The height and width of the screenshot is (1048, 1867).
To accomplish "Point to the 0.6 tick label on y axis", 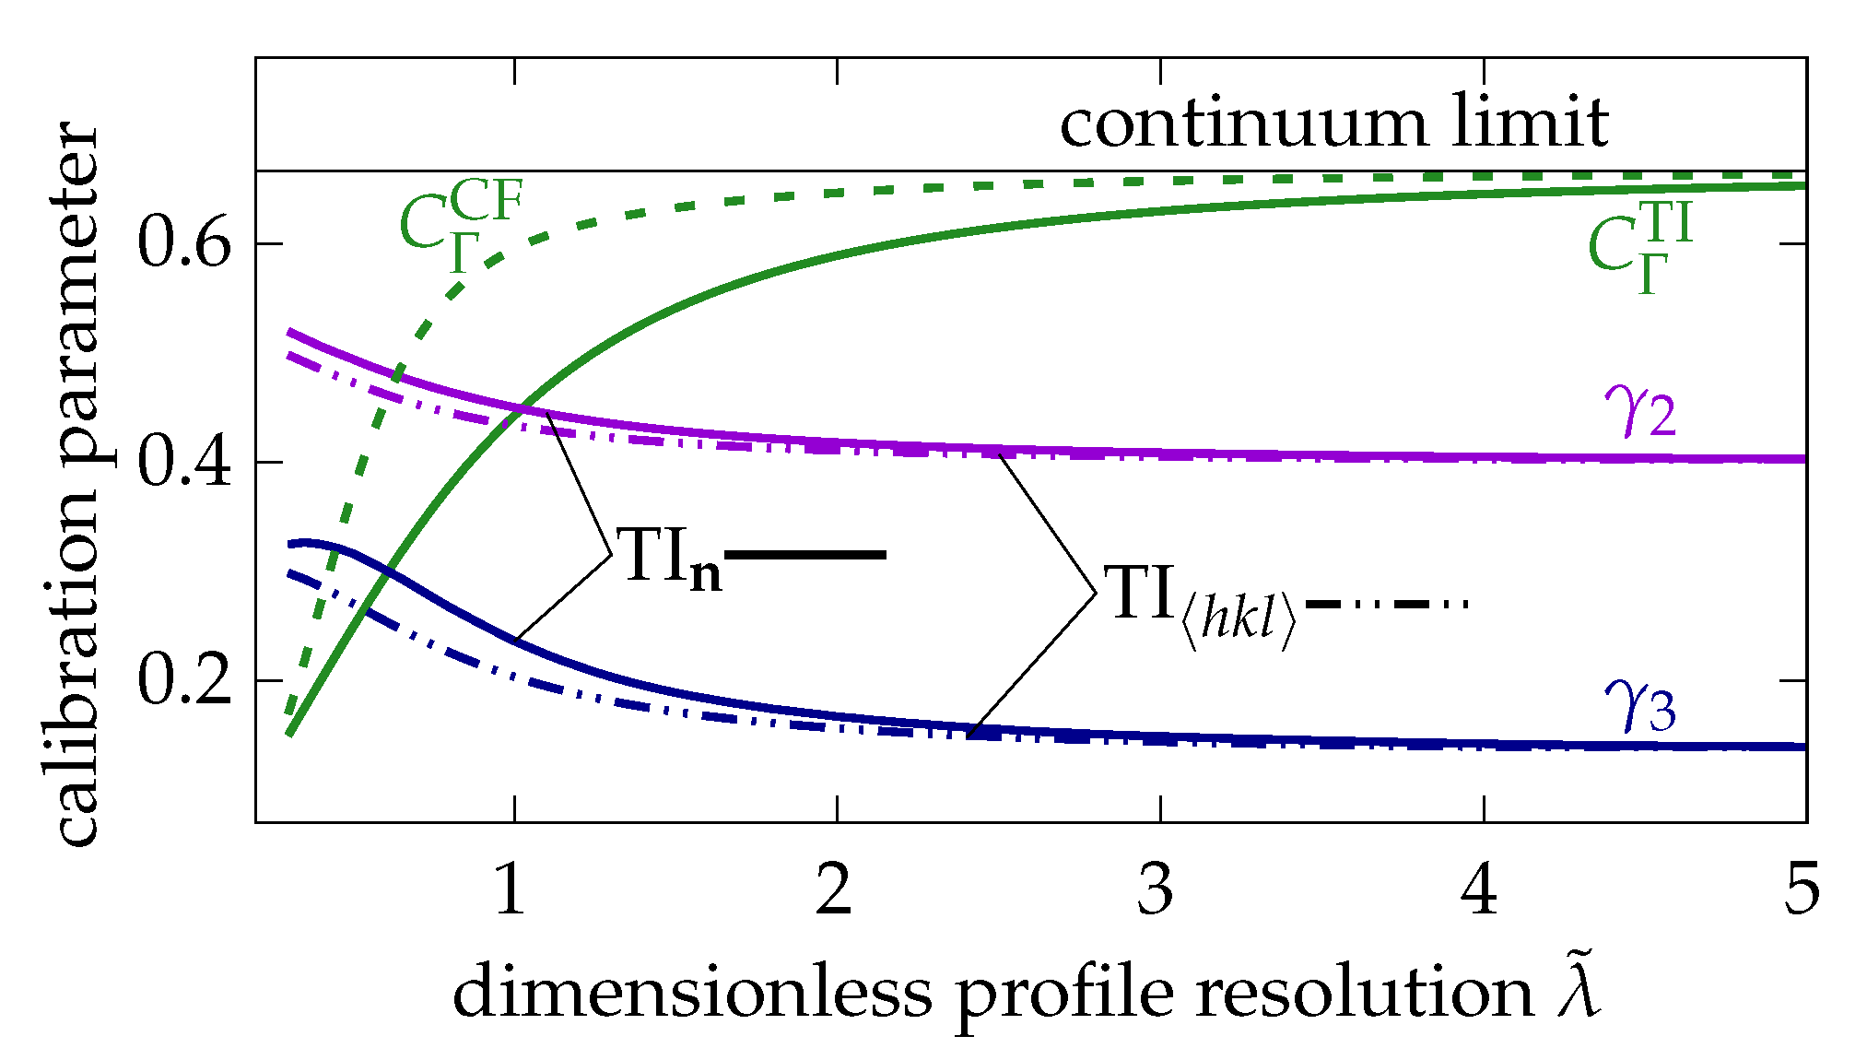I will [x=183, y=243].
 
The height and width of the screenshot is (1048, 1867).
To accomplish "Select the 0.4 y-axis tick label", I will [x=183, y=461].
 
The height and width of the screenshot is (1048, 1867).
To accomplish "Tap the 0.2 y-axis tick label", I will [x=183, y=680].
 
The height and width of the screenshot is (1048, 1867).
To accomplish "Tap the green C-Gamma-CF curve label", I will [x=461, y=226].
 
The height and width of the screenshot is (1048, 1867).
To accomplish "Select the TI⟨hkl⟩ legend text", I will [x=1203, y=604].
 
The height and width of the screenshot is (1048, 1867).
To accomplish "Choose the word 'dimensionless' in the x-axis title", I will [x=693, y=993].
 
